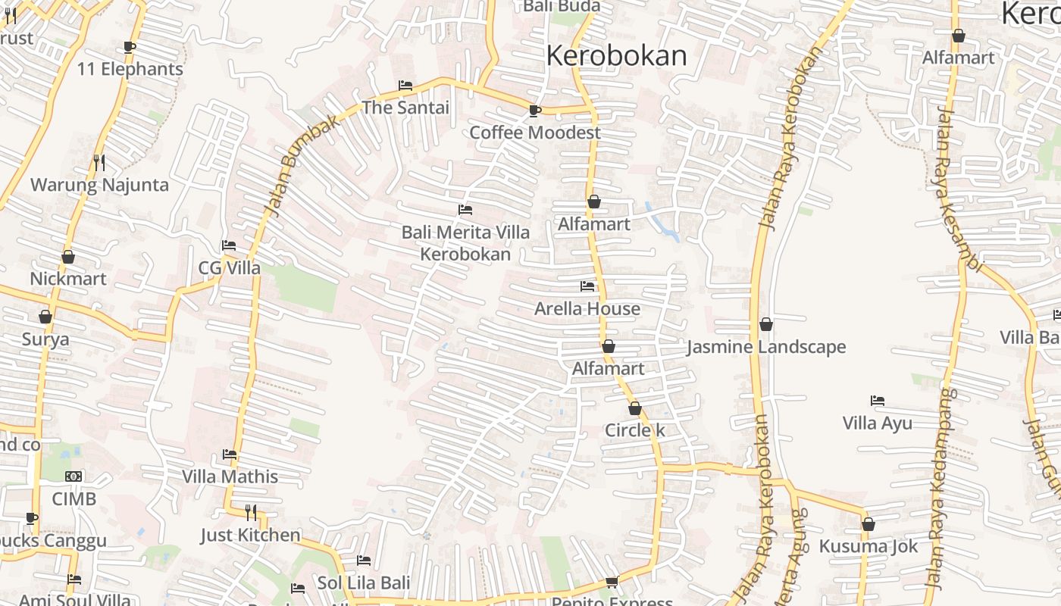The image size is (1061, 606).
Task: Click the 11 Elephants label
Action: coord(130,69)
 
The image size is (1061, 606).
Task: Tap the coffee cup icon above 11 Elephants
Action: coord(130,47)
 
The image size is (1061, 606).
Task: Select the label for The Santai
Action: coord(405,108)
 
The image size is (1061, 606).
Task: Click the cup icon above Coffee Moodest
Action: coord(535,111)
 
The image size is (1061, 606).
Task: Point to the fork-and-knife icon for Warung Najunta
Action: coord(99,162)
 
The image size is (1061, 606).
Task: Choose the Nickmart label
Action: coord(68,279)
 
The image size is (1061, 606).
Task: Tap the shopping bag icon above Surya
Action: coord(45,317)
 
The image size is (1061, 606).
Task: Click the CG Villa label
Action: coord(229,268)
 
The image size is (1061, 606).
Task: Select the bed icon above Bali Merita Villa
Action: coord(465,210)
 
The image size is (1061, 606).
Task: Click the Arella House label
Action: coord(587,309)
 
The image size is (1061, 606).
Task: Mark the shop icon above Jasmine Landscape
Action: coord(766,324)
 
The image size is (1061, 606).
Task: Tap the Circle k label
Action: coord(635,431)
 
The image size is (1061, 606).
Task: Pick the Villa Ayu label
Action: coord(878,423)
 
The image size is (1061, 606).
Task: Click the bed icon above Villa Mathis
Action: coord(230,454)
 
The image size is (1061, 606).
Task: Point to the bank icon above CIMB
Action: coord(74,476)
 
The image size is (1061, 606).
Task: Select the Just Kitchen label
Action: coord(250,536)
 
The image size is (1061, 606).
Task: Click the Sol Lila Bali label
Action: coord(364,583)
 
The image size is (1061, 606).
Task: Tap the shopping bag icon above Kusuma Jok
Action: coord(869,524)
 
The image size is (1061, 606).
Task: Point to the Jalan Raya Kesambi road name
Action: coord(958,189)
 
